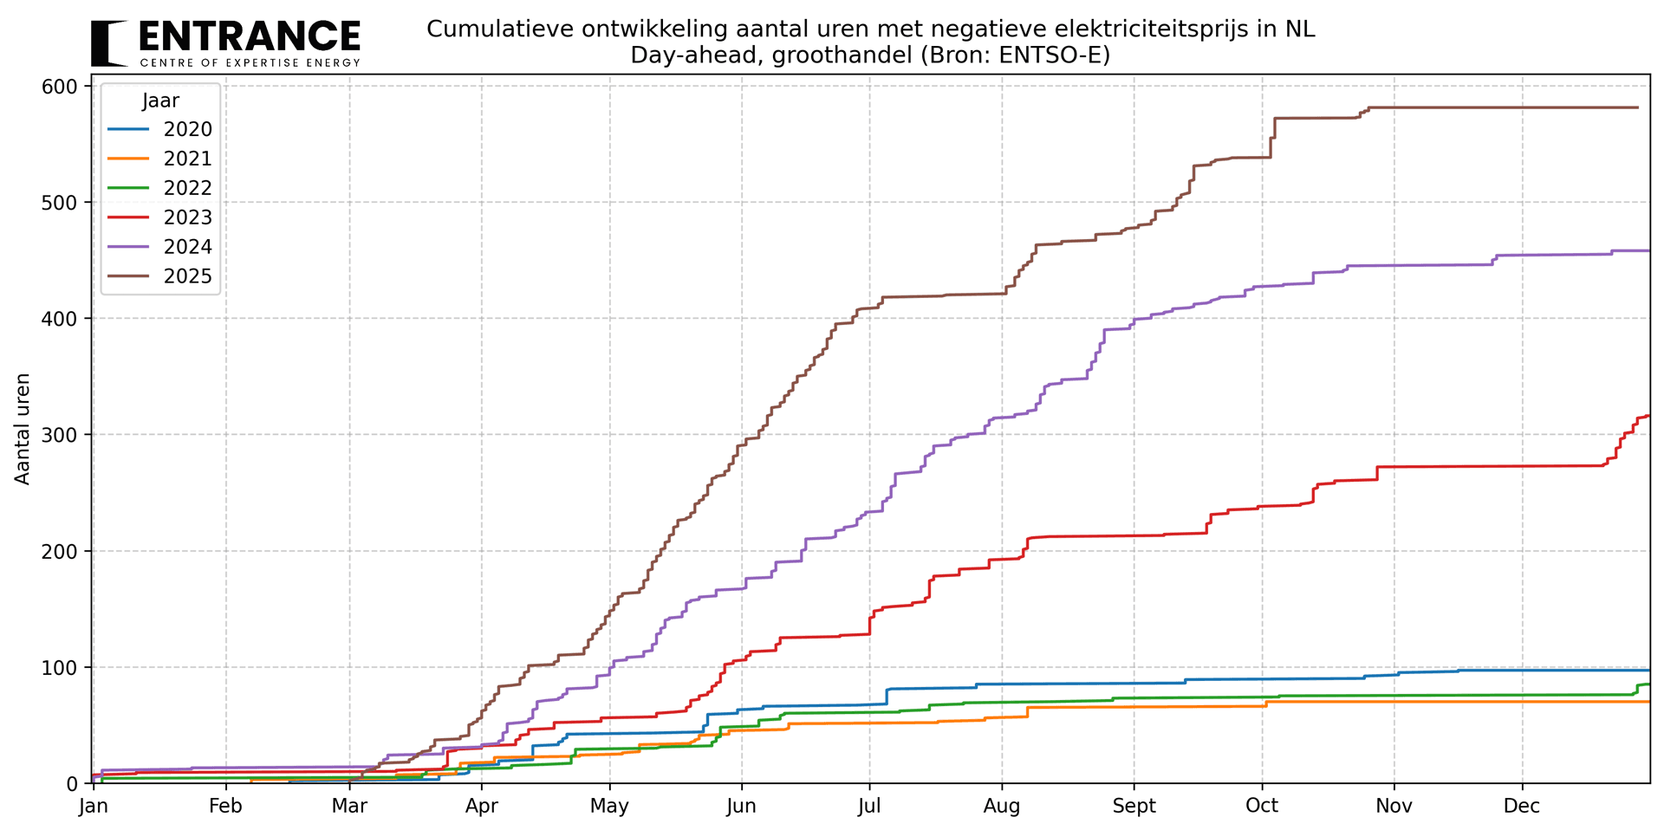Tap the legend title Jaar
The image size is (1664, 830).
[160, 101]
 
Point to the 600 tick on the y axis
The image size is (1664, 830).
[62, 87]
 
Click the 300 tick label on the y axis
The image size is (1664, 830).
[62, 435]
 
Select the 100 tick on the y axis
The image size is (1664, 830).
[62, 667]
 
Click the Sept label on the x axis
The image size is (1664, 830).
[1134, 807]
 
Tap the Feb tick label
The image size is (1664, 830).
[225, 807]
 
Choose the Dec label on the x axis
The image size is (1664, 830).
[1522, 807]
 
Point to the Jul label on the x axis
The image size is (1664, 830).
[869, 807]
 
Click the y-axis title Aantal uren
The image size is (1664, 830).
[23, 429]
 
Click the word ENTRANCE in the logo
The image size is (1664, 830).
[249, 37]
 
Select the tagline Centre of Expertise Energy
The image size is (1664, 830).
[250, 63]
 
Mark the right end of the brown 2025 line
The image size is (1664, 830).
[1637, 107]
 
